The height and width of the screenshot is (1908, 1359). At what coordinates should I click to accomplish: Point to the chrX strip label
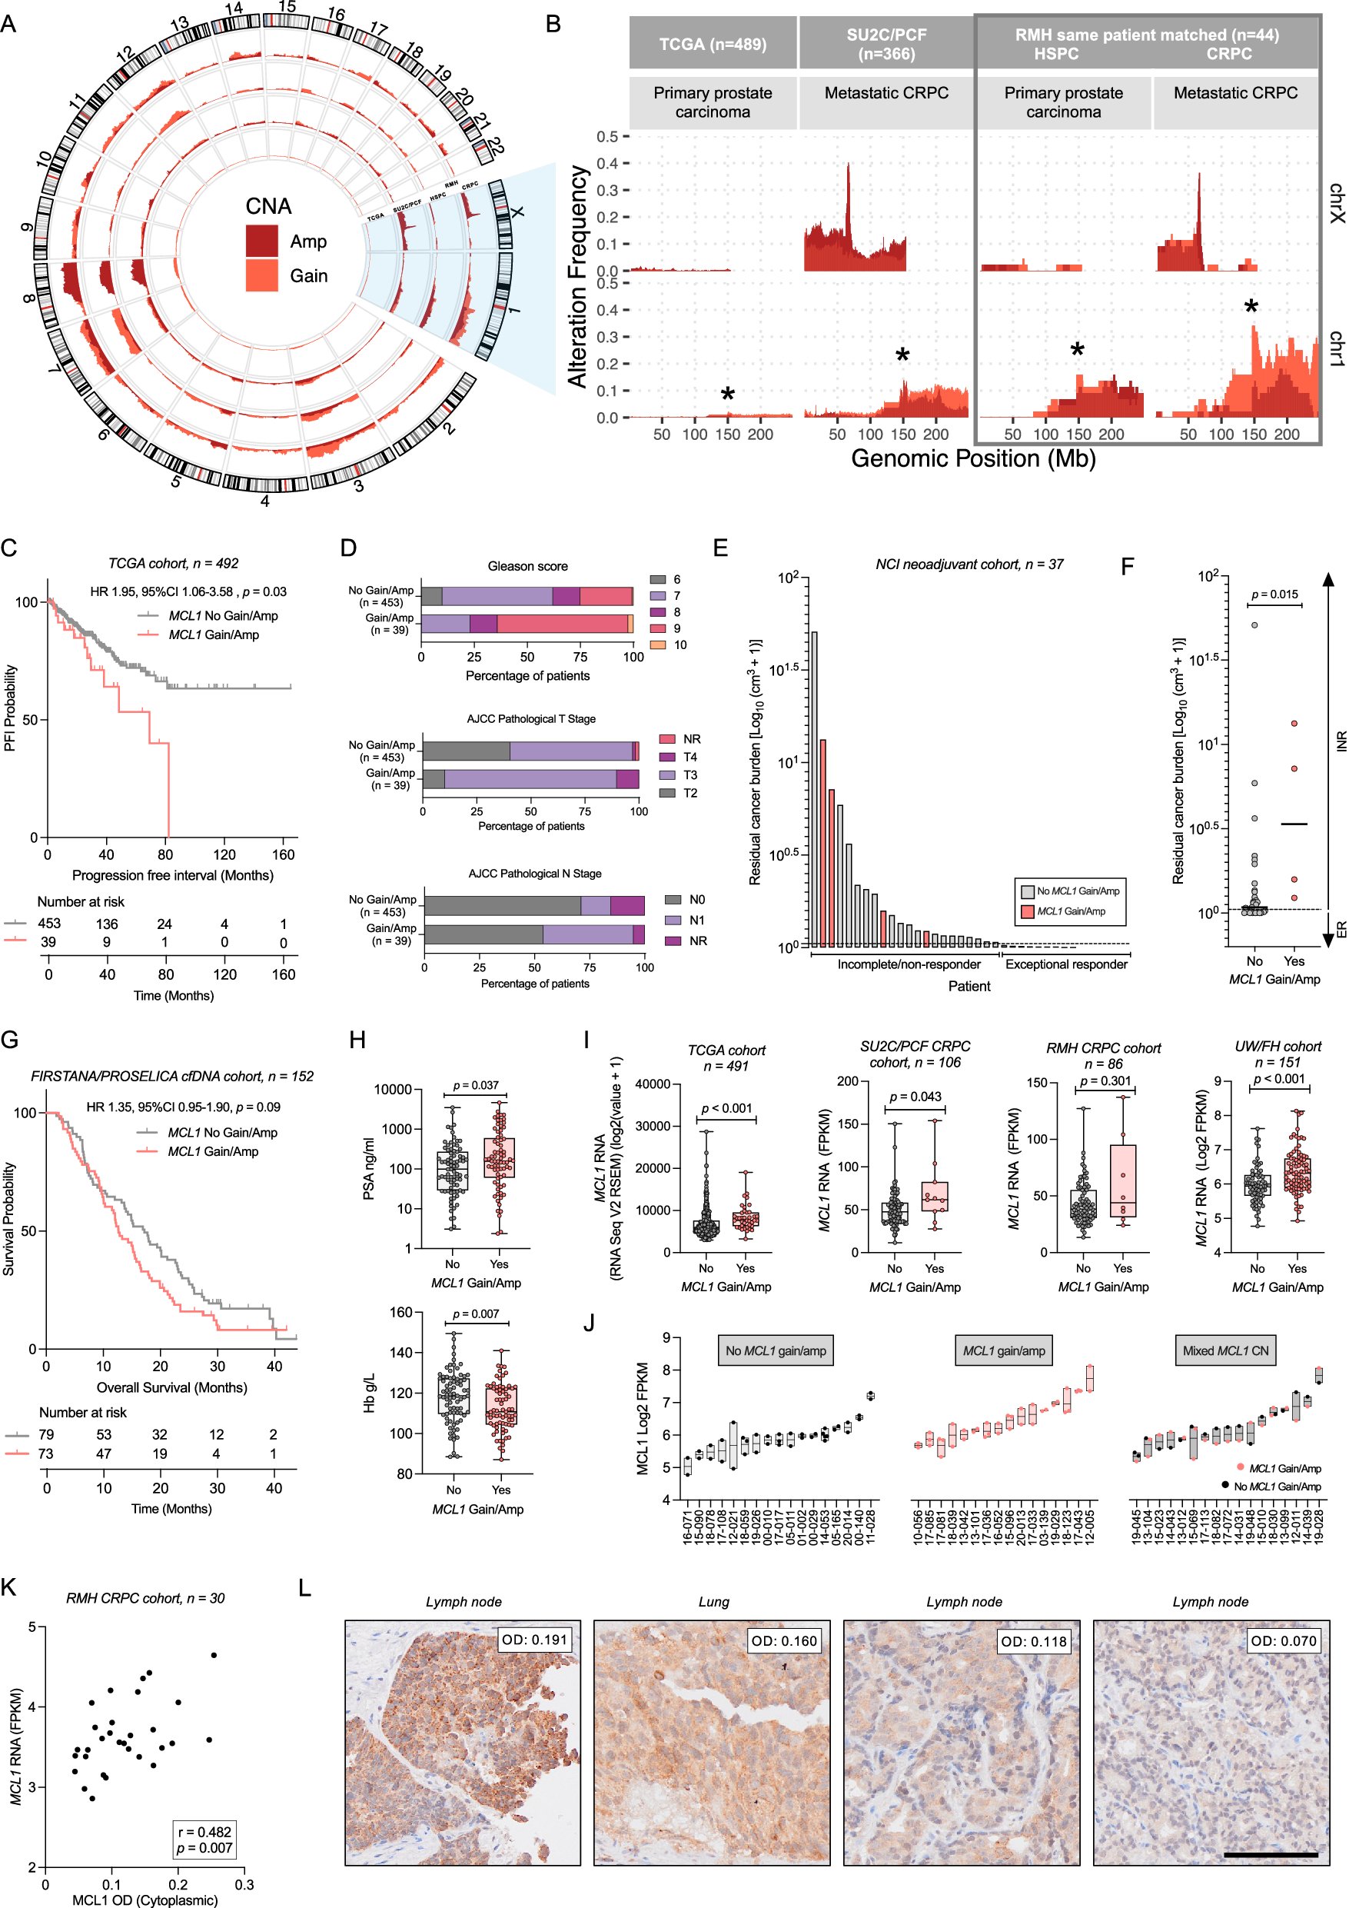coord(1337,204)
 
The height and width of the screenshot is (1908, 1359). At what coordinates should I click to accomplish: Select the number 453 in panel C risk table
coord(48,924)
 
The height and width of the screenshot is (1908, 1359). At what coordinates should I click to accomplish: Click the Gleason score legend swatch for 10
coord(658,644)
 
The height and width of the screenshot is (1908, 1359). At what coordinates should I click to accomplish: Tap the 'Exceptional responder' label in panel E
coord(1066,964)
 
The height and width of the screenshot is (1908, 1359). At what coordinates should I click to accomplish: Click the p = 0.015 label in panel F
coord(1274,594)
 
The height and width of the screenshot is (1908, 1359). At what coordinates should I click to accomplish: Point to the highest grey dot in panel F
coord(1254,624)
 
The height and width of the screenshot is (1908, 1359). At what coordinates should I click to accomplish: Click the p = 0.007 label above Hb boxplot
coord(475,1314)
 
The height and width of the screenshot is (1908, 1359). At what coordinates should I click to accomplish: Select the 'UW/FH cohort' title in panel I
coord(1278,1047)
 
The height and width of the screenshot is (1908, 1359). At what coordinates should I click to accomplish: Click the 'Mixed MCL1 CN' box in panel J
coord(1225,1350)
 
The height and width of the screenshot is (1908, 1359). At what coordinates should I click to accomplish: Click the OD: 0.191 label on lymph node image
coord(534,1640)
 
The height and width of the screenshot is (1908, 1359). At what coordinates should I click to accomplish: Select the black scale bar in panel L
coord(1271,1855)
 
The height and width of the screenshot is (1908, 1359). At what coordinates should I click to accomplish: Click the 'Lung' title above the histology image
coord(713,1602)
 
